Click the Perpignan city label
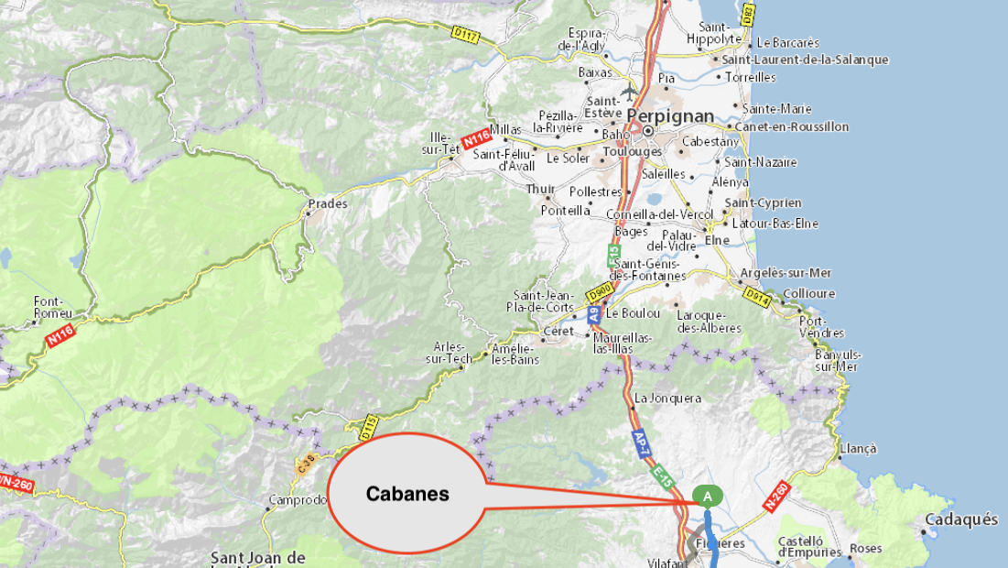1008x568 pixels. (670, 115)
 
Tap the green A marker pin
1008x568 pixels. (707, 496)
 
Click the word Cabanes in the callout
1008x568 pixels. (407, 494)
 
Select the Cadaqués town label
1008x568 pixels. (961, 519)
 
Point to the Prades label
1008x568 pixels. (328, 203)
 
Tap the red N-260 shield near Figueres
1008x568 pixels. (775, 496)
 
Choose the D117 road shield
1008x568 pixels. (466, 33)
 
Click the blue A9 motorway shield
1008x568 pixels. (593, 313)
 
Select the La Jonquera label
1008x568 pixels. (667, 399)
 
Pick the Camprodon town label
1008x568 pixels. (297, 500)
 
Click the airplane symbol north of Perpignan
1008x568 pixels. (630, 92)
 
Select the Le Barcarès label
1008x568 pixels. (787, 43)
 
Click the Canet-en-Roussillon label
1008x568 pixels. (792, 126)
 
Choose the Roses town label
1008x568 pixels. (866, 548)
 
